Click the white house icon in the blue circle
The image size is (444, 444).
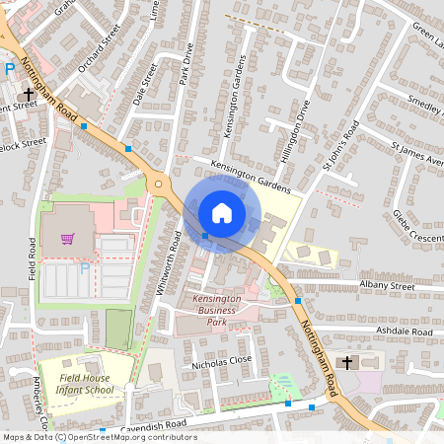[x=222, y=212]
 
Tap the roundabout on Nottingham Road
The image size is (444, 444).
[x=158, y=184]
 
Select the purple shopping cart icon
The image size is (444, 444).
[x=67, y=238]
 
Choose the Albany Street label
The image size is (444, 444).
[x=389, y=285]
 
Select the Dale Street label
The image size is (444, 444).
[x=146, y=83]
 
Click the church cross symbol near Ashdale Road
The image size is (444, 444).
[x=346, y=362]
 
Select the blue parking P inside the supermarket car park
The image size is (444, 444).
[x=84, y=268]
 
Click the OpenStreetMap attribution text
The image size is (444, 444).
[x=99, y=437]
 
